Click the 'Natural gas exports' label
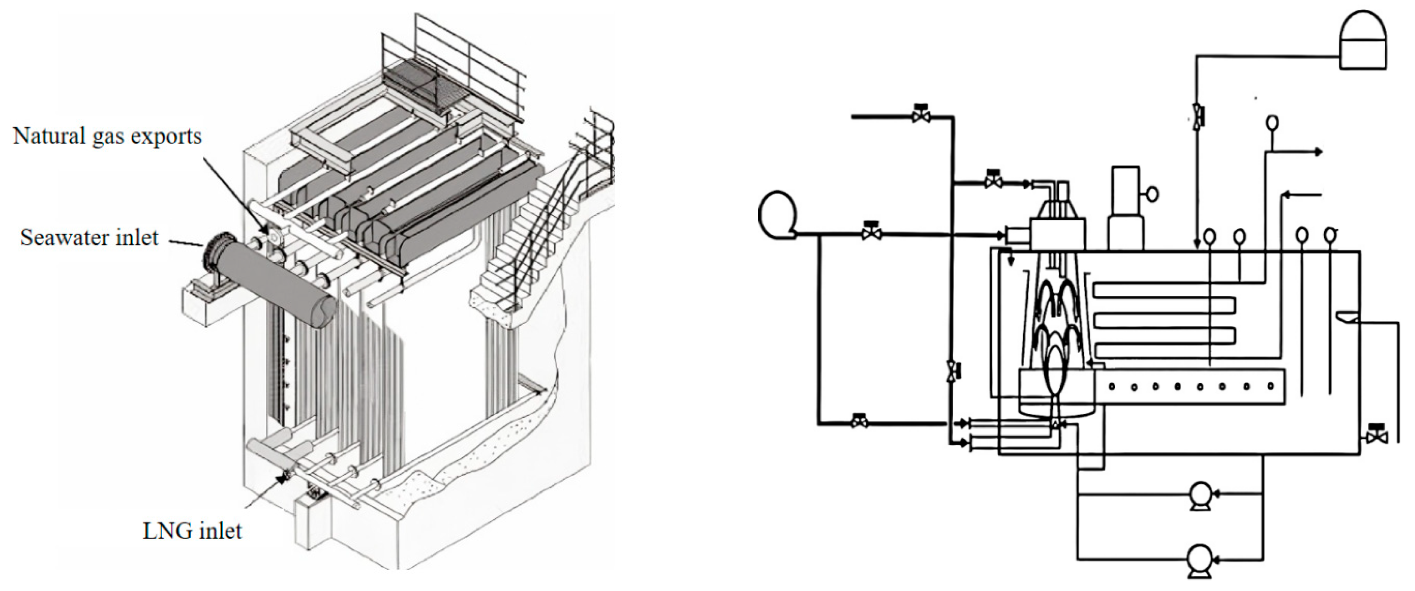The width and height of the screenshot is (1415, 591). click(x=107, y=136)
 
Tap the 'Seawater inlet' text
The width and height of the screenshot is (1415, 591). click(x=89, y=237)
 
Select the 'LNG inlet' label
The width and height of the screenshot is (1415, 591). click(x=192, y=531)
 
